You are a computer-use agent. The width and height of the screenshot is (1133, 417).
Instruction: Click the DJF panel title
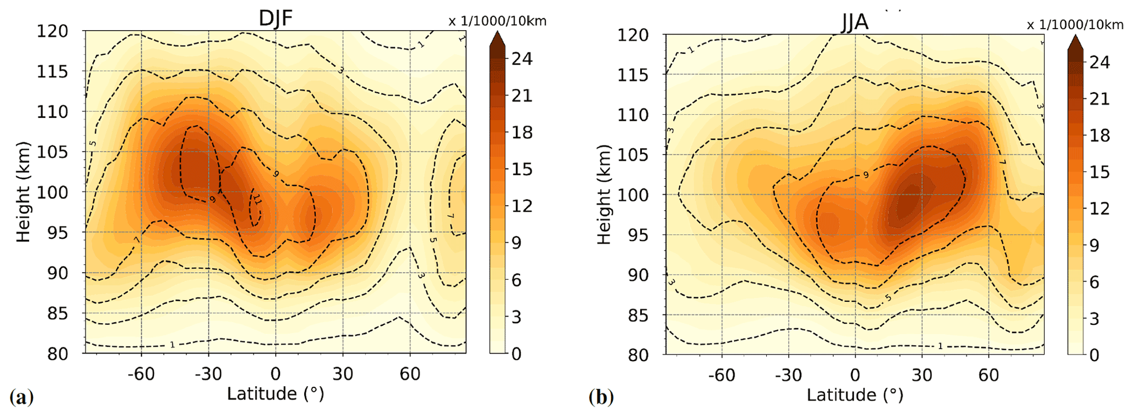[275, 18]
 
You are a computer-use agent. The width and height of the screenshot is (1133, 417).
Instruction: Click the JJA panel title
[855, 22]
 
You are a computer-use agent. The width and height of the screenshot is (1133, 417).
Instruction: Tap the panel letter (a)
[21, 396]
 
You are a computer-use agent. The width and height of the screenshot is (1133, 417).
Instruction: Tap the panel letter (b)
[601, 396]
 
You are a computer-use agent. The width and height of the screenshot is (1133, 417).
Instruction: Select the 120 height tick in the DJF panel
[53, 31]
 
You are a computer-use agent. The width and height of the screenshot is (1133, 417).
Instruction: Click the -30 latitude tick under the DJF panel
[208, 374]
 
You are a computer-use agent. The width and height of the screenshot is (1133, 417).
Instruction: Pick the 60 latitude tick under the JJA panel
[989, 375]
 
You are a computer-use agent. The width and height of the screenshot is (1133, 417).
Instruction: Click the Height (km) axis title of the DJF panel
[22, 192]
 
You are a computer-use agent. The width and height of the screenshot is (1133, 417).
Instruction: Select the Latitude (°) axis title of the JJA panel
[855, 395]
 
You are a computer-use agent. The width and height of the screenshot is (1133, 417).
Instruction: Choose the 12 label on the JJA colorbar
[1099, 208]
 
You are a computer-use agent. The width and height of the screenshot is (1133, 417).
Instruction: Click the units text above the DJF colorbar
[497, 21]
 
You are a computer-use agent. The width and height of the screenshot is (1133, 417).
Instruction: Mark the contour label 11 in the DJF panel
[257, 202]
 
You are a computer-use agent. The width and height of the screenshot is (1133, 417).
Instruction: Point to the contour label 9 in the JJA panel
[866, 175]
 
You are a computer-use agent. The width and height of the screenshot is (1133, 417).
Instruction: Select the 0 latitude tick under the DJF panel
[275, 374]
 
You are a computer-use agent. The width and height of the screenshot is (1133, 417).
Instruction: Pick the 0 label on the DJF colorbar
[516, 354]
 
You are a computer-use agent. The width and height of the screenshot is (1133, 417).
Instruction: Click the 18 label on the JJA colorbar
[1099, 136]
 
